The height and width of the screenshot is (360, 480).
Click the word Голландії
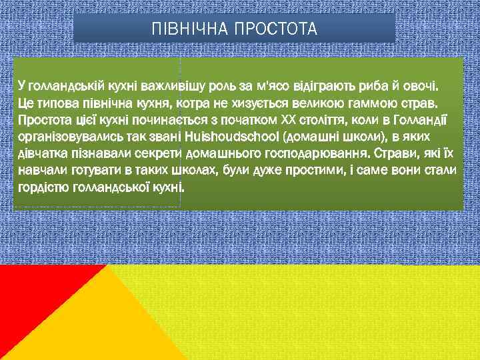417,121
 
